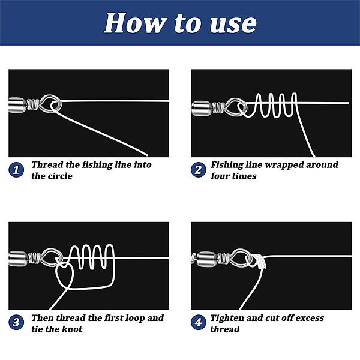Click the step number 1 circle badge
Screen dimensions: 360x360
(16, 170)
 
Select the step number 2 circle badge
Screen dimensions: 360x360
(198, 170)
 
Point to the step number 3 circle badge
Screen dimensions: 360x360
(16, 322)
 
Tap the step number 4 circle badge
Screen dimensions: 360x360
(198, 322)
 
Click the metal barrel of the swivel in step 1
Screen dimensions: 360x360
(17, 105)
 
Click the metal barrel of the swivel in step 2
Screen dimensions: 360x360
(202, 109)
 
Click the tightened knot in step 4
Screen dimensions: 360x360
(259, 261)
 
